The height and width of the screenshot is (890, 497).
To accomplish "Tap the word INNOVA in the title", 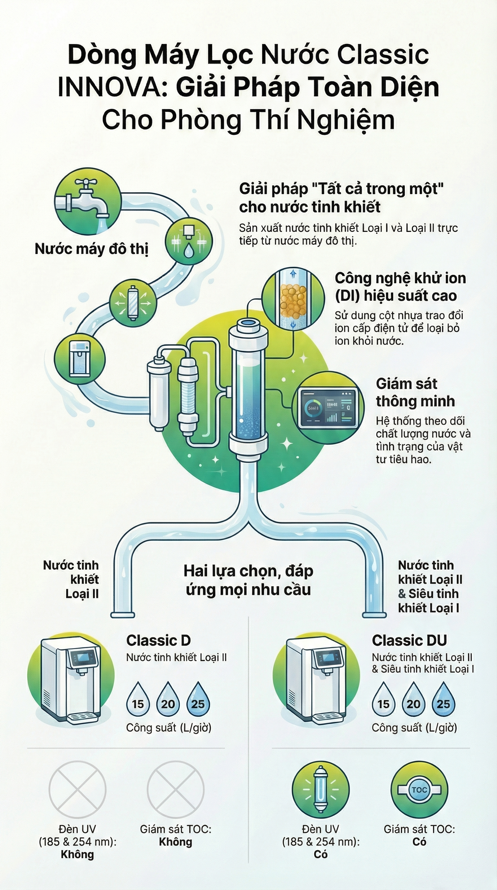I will [x=113, y=88].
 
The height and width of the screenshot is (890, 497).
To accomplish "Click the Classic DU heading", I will [x=409, y=640].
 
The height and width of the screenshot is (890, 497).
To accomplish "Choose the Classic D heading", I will [x=158, y=640].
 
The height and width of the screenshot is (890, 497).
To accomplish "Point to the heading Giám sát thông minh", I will [x=415, y=393].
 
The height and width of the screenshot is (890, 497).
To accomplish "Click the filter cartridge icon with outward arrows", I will [x=133, y=303].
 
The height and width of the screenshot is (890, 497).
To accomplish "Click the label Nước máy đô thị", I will [x=92, y=249].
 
